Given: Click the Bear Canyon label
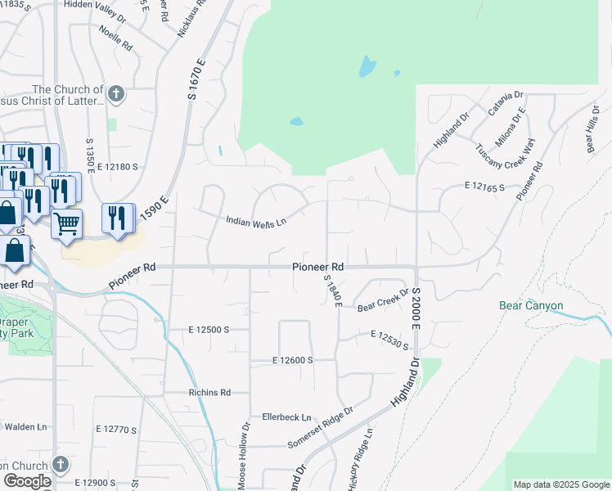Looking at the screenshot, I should tap(531, 306).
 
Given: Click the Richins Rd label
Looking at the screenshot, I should tap(209, 393).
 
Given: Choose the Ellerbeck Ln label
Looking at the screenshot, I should tap(287, 417).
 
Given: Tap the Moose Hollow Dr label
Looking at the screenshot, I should tap(244, 455).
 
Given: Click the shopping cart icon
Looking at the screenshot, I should tap(66, 223).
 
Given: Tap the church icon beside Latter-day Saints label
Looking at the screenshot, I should tap(115, 94).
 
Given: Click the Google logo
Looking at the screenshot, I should tap(26, 481).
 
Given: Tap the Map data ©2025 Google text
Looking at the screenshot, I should tap(560, 484).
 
